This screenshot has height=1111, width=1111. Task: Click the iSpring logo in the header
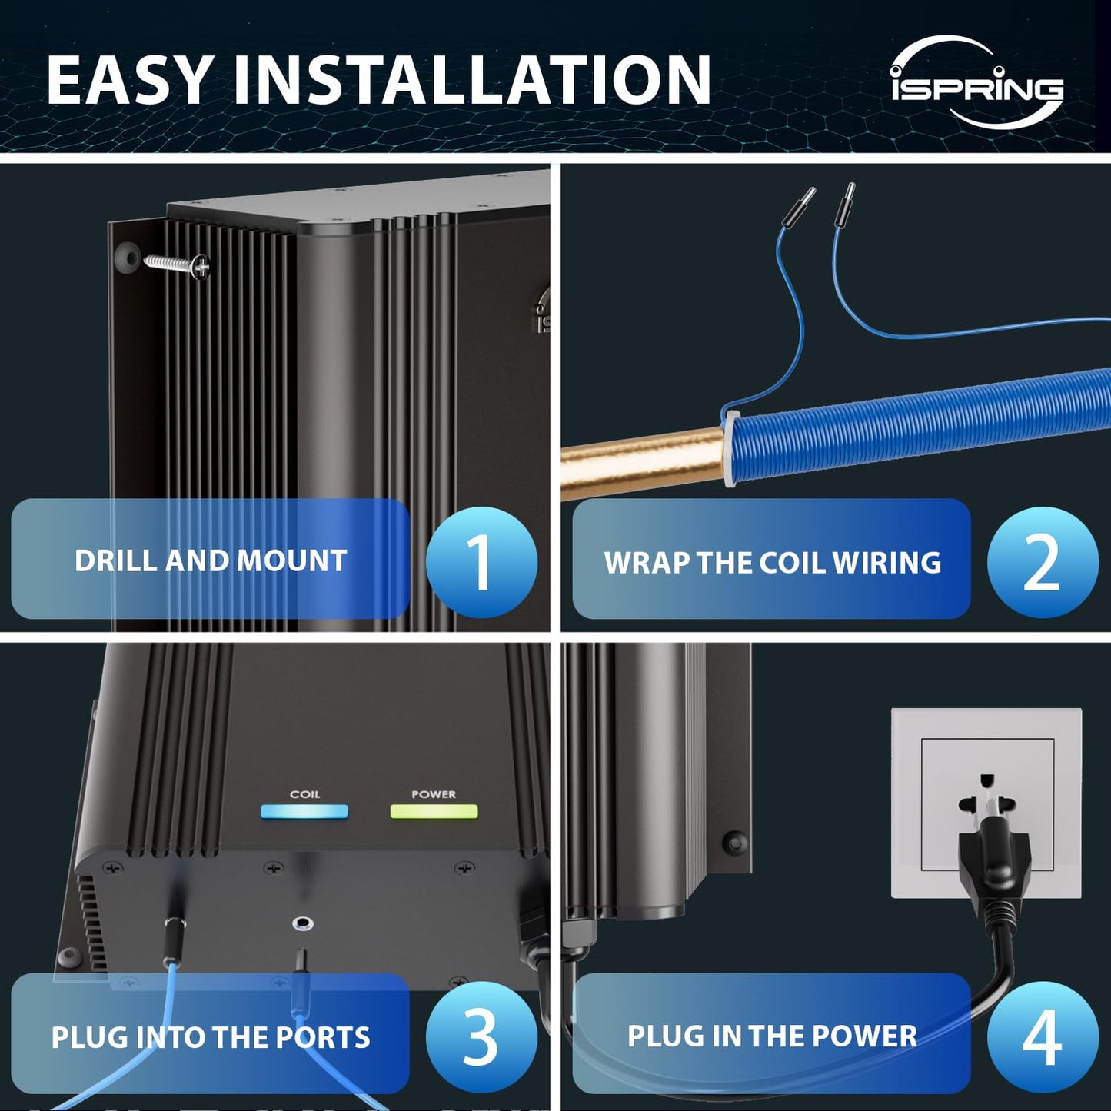coord(976,83)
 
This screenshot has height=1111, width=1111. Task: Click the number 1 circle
coord(481,562)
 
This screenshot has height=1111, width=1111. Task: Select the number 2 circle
coord(1042,562)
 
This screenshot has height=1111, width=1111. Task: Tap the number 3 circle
coord(481,1037)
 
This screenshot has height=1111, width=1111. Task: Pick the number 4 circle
coord(1042,1037)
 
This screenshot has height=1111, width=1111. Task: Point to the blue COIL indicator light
coord(304,812)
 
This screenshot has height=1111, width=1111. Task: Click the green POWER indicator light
coord(434,812)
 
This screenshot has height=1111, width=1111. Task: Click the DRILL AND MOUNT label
coord(210,560)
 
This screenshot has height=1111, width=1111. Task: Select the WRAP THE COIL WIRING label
coord(771,562)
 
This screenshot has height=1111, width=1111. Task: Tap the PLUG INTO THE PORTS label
coord(210,1037)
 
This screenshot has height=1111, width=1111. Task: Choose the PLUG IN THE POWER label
coord(771,1036)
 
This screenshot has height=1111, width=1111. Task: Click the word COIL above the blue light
coord(304,794)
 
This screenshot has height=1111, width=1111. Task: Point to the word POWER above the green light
coord(434,794)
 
